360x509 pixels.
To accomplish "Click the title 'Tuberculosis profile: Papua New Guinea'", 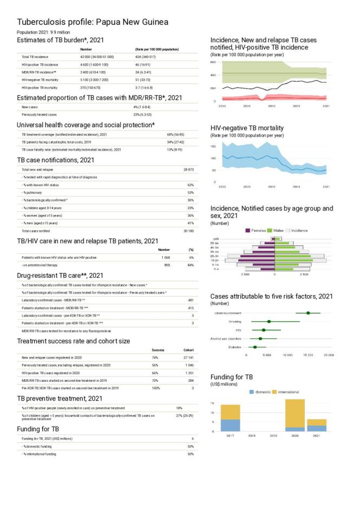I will pyautogui.click(x=93, y=22).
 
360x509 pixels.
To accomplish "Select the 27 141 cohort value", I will pyautogui.click(x=188, y=358).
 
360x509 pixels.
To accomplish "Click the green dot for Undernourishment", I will pyautogui.click(x=308, y=313).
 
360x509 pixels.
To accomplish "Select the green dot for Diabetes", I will pyautogui.click(x=255, y=347).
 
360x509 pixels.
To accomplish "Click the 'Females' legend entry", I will pyautogui.click(x=259, y=230).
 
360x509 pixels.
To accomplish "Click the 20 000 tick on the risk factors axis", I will pyautogui.click(x=328, y=355).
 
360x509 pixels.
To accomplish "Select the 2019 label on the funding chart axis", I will pyautogui.click(x=273, y=435).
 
